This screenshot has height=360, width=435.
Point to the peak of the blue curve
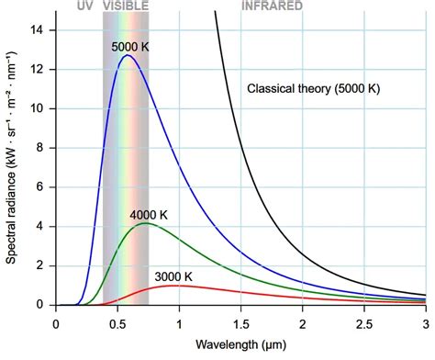(x=128, y=56)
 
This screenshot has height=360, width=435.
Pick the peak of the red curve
(x=177, y=286)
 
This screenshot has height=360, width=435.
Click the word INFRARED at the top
(x=273, y=6)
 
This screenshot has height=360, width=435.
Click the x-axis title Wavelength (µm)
(x=240, y=347)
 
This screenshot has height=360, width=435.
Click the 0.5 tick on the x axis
(x=117, y=322)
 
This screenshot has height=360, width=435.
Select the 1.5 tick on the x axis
(x=240, y=322)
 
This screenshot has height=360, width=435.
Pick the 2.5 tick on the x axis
(x=363, y=322)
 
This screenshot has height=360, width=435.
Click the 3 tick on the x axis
(x=425, y=322)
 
